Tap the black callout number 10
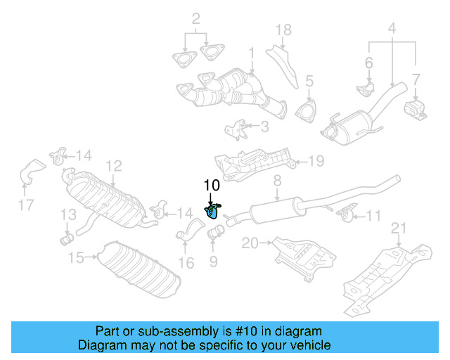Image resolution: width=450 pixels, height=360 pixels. point(212,185)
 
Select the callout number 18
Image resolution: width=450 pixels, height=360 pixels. point(283,30)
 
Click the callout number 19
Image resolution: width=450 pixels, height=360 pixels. point(316,161)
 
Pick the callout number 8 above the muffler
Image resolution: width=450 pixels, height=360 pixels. point(277,181)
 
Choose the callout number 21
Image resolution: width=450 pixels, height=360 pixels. point(399,227)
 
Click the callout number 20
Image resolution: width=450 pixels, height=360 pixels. point(250,243)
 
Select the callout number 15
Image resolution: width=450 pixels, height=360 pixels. point(76,258)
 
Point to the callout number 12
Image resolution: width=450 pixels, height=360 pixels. point(114,166)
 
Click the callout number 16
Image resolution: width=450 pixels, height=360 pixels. point(186,264)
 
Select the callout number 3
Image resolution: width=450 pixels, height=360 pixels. point(264,127)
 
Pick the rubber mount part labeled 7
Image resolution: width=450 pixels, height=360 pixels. point(415,110)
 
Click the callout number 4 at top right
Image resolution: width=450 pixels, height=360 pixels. point(392,29)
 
